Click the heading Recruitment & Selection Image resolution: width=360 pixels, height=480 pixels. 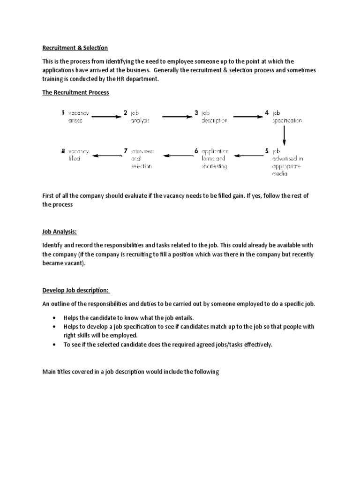coord(75,48)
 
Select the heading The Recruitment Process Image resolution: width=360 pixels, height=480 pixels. coord(75,92)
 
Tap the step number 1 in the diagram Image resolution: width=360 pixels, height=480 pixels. coord(63,113)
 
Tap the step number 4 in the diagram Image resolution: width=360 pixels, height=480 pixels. coord(266,113)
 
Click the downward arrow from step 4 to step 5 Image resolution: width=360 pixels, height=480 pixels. coord(284,136)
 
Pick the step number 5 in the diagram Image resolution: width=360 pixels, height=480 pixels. coord(266,151)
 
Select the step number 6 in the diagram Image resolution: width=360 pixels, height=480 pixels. coord(196,151)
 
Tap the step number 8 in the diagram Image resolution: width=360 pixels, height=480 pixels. coord(63,151)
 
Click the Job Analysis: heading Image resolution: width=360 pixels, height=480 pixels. coord(60,231)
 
